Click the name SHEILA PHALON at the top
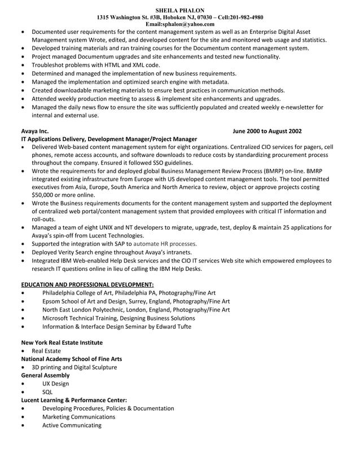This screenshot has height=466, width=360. click(179, 10)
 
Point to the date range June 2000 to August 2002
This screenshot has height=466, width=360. click(267, 131)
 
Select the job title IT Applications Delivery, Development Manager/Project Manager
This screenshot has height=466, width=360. click(109, 139)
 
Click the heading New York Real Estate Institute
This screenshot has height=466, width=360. click(62, 342)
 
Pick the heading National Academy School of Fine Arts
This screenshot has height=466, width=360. click(71, 359)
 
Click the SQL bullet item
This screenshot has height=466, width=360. click(47, 392)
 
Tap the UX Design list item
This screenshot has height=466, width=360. click(55, 384)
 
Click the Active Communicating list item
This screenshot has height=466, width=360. click(72, 425)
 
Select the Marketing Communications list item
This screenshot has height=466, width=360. click(78, 416)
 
